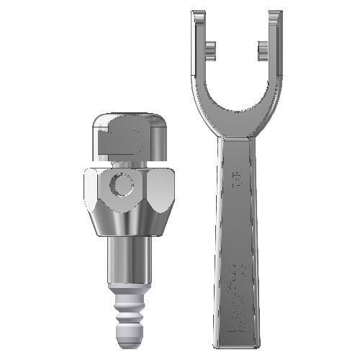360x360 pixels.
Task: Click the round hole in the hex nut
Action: [120, 187]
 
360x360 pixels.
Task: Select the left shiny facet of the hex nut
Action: [91, 189]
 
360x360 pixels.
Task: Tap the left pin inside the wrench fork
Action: [210, 48]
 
